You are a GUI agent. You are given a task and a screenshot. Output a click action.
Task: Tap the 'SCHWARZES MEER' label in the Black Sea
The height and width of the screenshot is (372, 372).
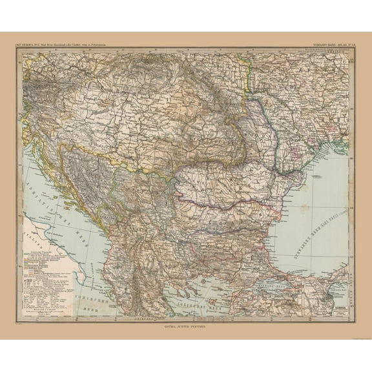[330, 223]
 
